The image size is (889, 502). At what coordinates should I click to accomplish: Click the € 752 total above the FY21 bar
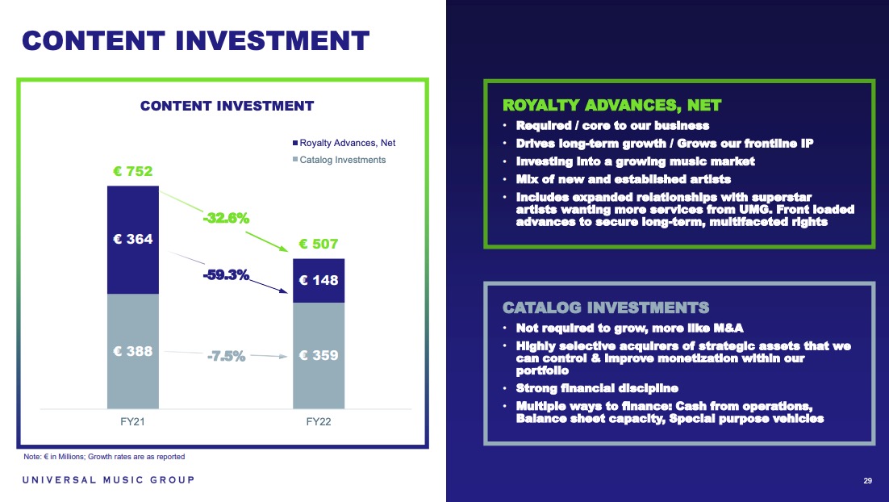tap(132, 171)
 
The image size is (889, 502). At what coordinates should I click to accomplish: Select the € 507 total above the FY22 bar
tap(318, 244)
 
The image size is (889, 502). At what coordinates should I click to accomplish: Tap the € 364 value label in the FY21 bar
tap(132, 239)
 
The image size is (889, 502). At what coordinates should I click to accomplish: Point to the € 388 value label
tap(132, 351)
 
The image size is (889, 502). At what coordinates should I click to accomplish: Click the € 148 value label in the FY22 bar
tap(318, 280)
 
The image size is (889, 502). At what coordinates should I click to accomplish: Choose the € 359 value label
tap(318, 355)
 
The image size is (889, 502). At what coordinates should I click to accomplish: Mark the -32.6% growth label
tap(226, 218)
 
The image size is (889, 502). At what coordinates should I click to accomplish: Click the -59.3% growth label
tap(226, 274)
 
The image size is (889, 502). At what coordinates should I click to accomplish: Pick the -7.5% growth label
tap(226, 356)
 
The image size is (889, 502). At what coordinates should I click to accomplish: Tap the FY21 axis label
tap(132, 421)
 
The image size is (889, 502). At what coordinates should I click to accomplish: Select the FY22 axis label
tap(318, 421)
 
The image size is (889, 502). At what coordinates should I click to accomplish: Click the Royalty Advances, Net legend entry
tap(344, 143)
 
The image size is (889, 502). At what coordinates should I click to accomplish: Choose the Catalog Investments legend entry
tap(339, 160)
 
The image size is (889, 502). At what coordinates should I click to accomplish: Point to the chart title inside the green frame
tap(227, 106)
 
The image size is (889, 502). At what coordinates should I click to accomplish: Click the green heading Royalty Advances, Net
tap(611, 106)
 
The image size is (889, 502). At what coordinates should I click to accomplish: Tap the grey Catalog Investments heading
tap(606, 308)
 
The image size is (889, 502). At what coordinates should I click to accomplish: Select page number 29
tap(867, 480)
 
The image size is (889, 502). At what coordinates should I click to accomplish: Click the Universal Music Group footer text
tap(108, 480)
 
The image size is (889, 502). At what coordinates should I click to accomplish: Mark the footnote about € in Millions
tap(104, 457)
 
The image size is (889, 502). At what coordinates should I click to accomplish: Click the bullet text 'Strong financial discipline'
tap(597, 388)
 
